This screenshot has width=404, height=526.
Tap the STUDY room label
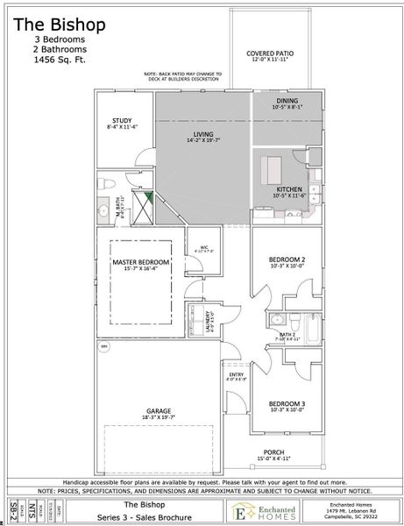pyautogui.click(x=120, y=121)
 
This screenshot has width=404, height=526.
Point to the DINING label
pyautogui.click(x=287, y=102)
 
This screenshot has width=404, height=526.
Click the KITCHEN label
pyautogui.click(x=289, y=188)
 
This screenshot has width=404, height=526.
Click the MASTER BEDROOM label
pyautogui.click(x=140, y=262)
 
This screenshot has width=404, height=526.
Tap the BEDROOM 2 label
pyautogui.click(x=287, y=260)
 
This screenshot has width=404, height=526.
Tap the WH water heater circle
pyautogui.click(x=103, y=347)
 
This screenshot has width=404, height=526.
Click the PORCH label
pyautogui.click(x=272, y=453)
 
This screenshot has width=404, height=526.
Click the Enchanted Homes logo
pyautogui.click(x=260, y=511)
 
